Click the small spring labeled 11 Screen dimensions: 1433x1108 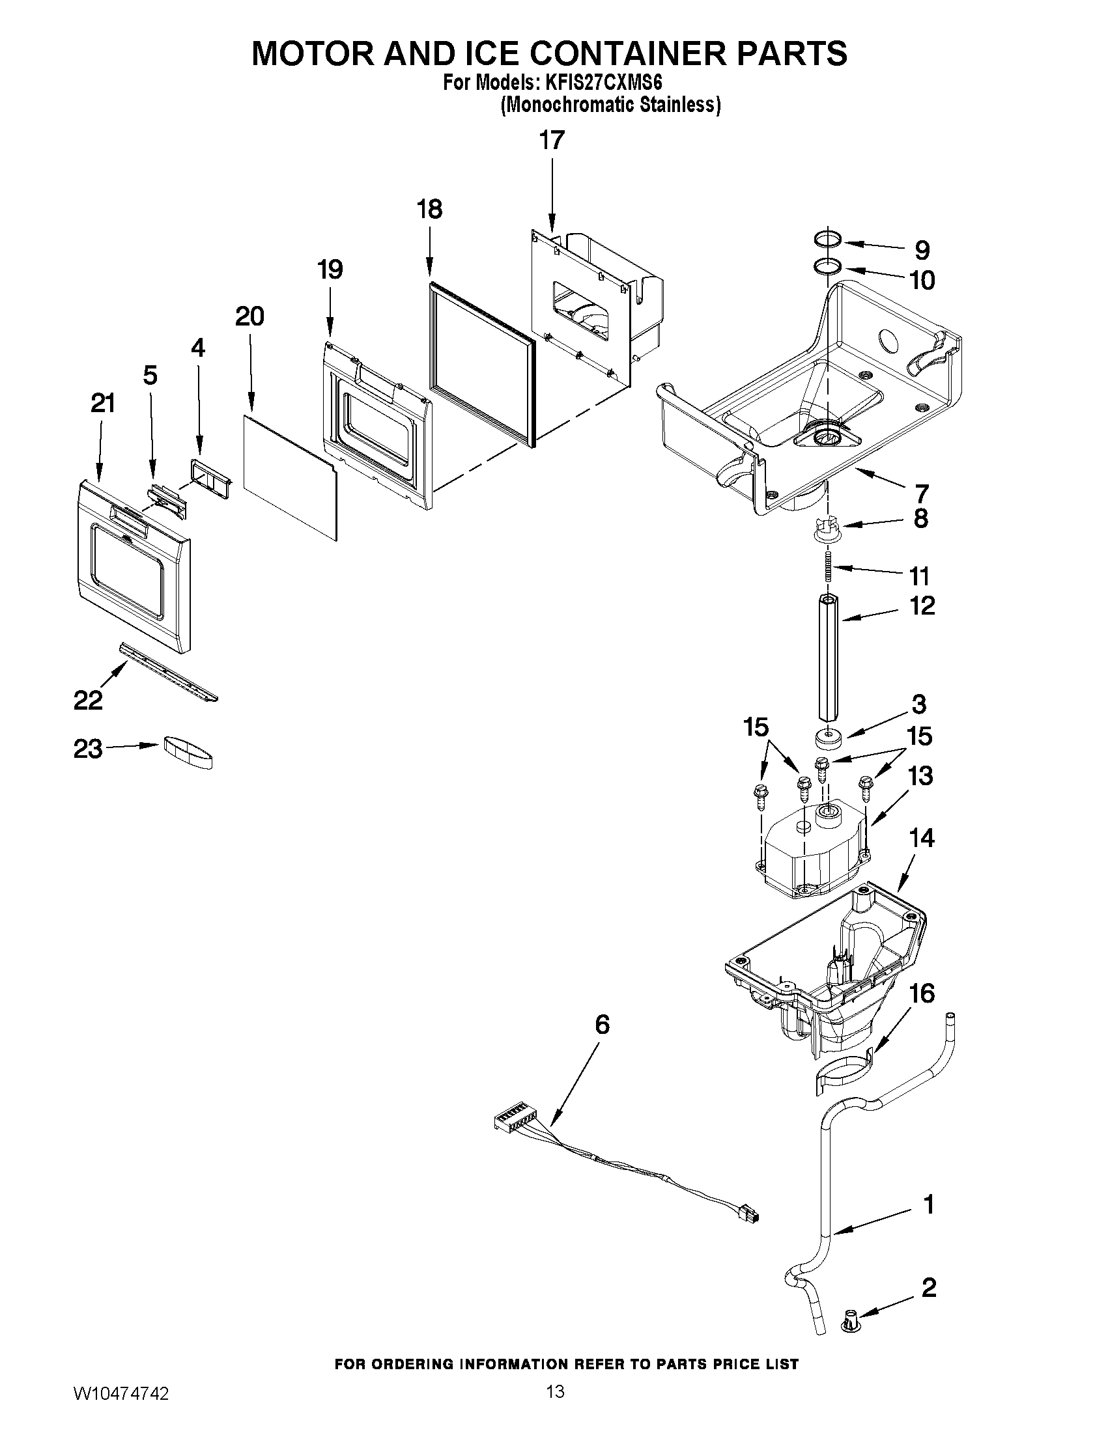pyautogui.click(x=829, y=566)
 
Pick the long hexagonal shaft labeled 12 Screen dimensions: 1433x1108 pyautogui.click(x=829, y=656)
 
